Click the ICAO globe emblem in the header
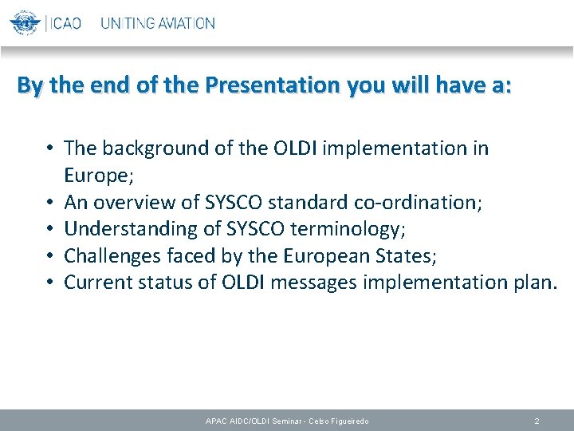click(x=25, y=22)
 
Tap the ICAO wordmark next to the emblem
click(x=65, y=23)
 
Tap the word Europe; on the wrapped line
click(x=93, y=176)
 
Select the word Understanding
click(x=123, y=229)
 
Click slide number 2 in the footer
click(x=537, y=421)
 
